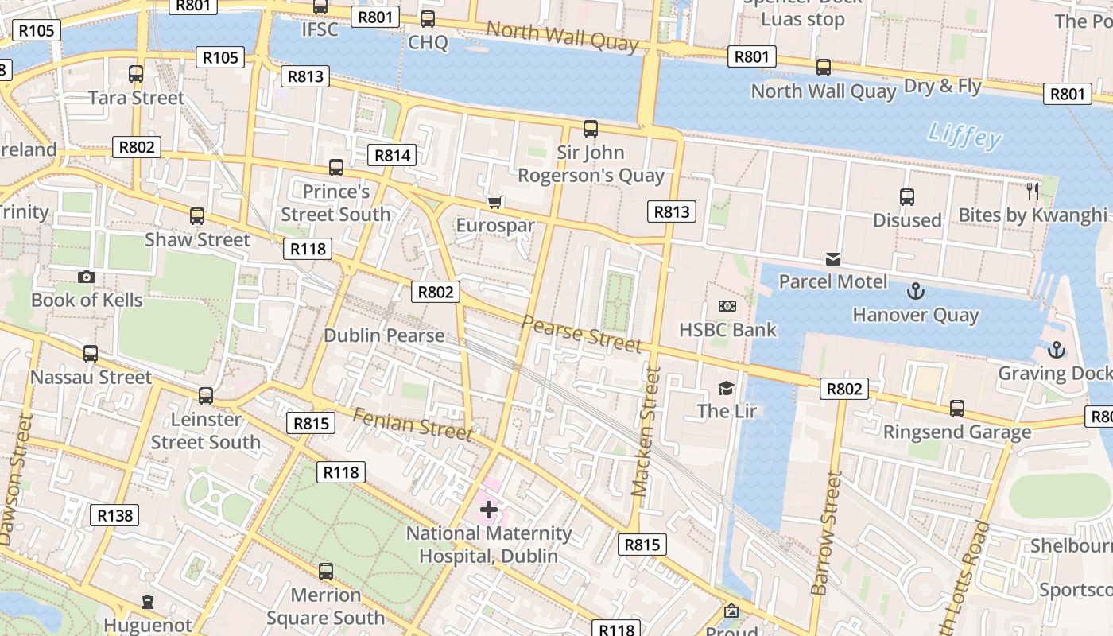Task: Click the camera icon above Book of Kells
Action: click(87, 277)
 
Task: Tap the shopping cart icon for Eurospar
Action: click(495, 202)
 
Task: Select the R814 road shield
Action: click(393, 155)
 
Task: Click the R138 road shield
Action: click(114, 515)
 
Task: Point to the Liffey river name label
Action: click(964, 136)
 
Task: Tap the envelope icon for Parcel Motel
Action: click(832, 258)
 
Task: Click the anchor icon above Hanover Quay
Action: click(915, 291)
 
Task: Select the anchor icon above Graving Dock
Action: click(1056, 349)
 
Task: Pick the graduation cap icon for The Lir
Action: click(726, 388)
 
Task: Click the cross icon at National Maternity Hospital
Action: click(488, 509)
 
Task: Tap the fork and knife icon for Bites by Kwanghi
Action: click(1033, 191)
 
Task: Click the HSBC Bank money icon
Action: click(727, 306)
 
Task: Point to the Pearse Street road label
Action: click(581, 333)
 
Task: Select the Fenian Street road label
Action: click(413, 424)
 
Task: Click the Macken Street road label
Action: click(646, 432)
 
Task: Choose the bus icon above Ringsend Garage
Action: click(957, 409)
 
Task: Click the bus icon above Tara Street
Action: click(136, 74)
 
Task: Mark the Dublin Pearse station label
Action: click(384, 335)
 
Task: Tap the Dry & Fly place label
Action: click(944, 86)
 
